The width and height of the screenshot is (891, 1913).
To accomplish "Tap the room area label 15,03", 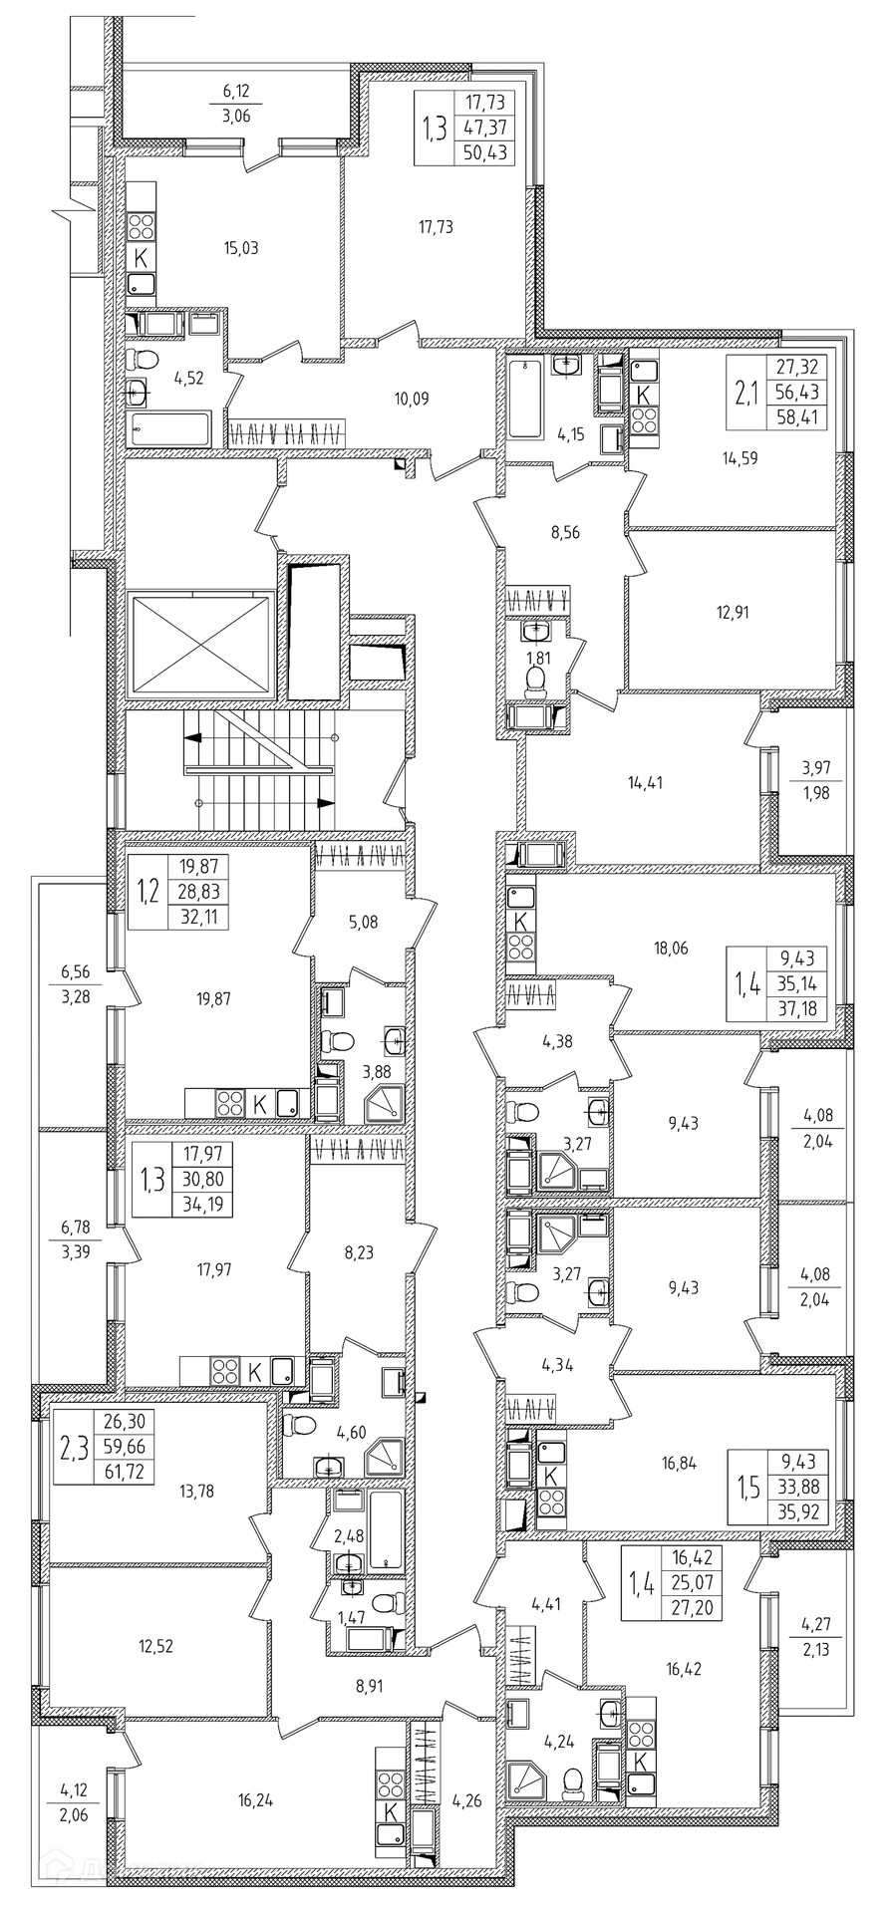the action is coord(242,247).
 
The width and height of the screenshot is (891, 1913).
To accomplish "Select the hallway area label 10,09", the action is coord(412,400).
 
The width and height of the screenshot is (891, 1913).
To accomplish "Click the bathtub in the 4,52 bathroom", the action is coord(171,430).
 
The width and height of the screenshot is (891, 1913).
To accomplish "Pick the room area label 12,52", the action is coord(156,1646).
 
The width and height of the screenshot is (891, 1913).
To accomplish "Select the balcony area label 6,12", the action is coord(236,91).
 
